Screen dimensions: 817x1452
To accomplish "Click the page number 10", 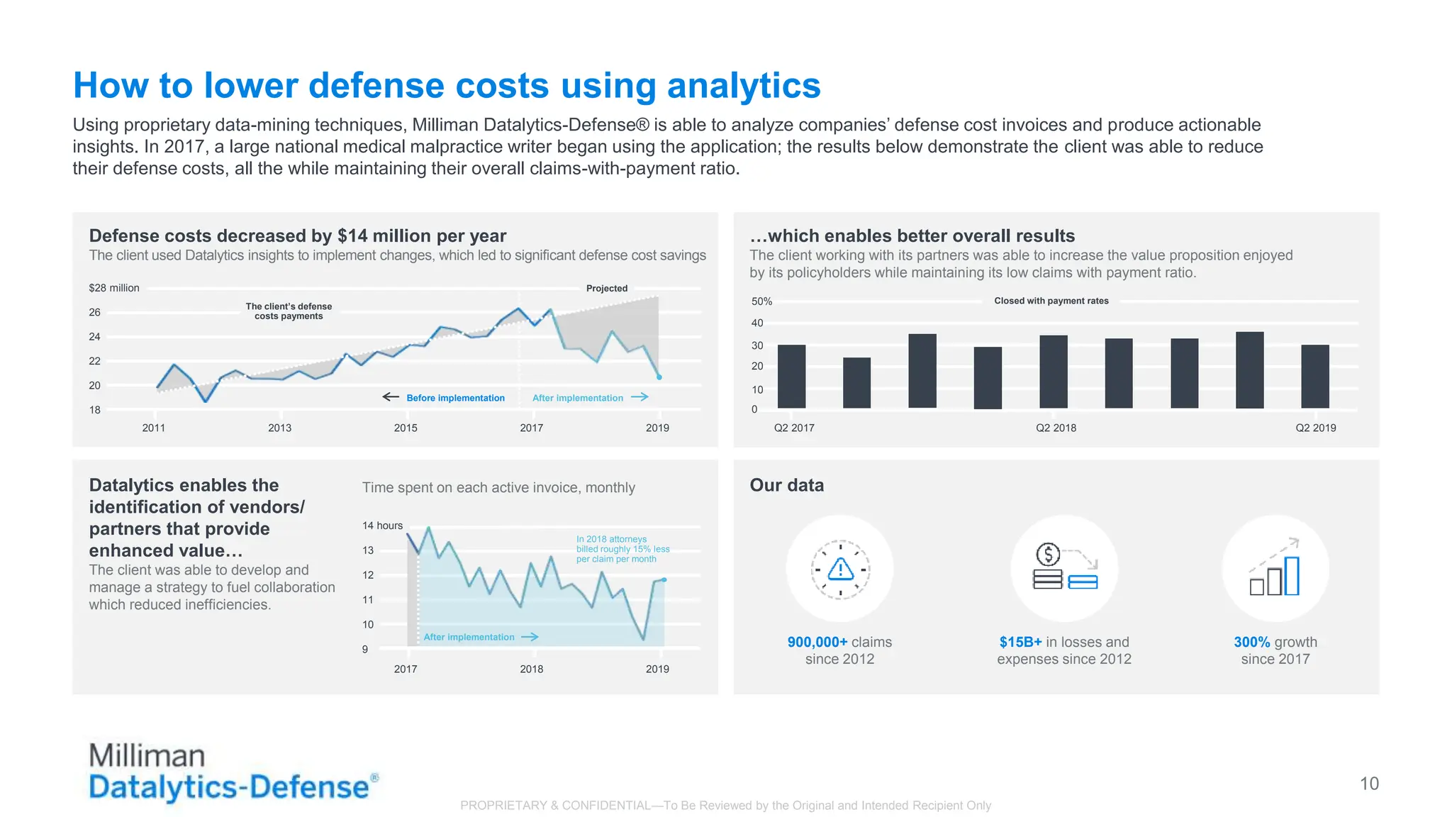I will click(x=1368, y=784).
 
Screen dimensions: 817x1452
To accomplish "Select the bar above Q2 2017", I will click(x=791, y=377).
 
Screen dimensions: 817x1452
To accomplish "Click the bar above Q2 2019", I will click(x=1314, y=377).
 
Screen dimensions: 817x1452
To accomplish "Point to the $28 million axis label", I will click(x=114, y=288).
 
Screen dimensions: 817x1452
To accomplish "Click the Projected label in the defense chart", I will click(x=606, y=289).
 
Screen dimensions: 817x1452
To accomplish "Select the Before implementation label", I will click(x=455, y=398).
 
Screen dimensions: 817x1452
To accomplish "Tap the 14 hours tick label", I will click(x=382, y=526).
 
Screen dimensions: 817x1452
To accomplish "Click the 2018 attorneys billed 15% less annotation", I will click(x=622, y=549).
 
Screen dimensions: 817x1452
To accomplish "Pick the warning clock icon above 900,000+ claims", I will click(x=840, y=569).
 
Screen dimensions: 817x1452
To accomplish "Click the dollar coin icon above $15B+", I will click(x=1048, y=554).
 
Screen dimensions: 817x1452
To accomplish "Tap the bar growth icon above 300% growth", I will click(x=1275, y=569).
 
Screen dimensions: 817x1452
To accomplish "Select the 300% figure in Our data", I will click(x=1251, y=642).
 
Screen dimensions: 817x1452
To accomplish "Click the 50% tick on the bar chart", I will click(x=761, y=301).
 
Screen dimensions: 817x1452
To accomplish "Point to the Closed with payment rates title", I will click(x=1051, y=301).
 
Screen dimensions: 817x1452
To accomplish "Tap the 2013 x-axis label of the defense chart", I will click(x=279, y=428).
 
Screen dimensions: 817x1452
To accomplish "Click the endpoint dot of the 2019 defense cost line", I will click(x=659, y=377).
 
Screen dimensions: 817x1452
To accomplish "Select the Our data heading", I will click(x=786, y=485).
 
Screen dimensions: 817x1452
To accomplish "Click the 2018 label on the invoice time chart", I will click(x=531, y=669).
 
